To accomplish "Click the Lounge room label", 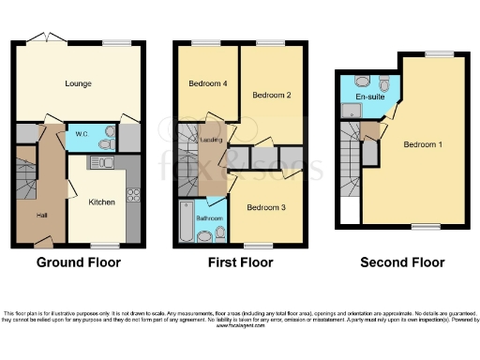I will pos(78,84).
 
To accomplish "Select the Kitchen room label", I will pos(101,202).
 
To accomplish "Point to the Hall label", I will pos(41,216).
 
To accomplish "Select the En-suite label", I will pos(370,97).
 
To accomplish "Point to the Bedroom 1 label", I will pos(423,144).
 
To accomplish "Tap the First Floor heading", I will pos(240,262).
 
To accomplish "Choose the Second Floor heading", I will pos(402,262).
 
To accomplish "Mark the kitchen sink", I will pos(100,163).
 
